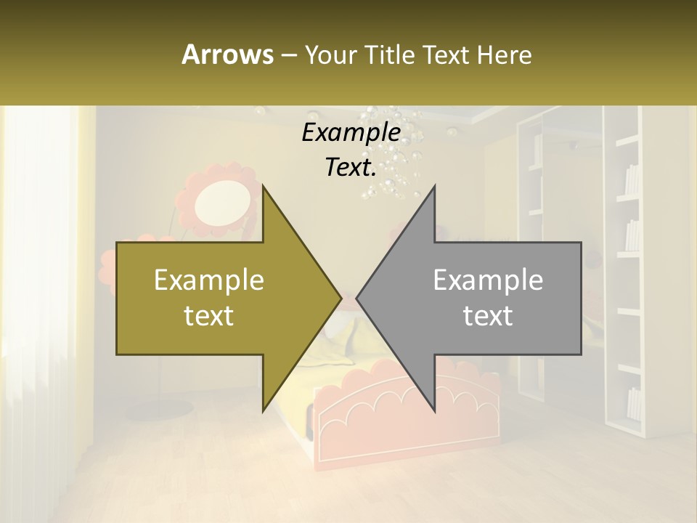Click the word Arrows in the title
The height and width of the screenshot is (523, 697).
pyautogui.click(x=227, y=54)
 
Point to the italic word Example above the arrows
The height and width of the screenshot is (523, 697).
pyautogui.click(x=351, y=132)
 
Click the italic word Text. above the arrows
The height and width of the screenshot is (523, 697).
pyautogui.click(x=351, y=168)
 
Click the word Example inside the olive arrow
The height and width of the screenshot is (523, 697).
pyautogui.click(x=209, y=280)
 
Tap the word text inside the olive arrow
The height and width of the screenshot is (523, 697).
pyautogui.click(x=209, y=315)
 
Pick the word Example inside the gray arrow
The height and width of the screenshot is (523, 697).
pyautogui.click(x=488, y=280)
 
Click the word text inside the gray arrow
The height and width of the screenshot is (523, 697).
pyautogui.click(x=488, y=315)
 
